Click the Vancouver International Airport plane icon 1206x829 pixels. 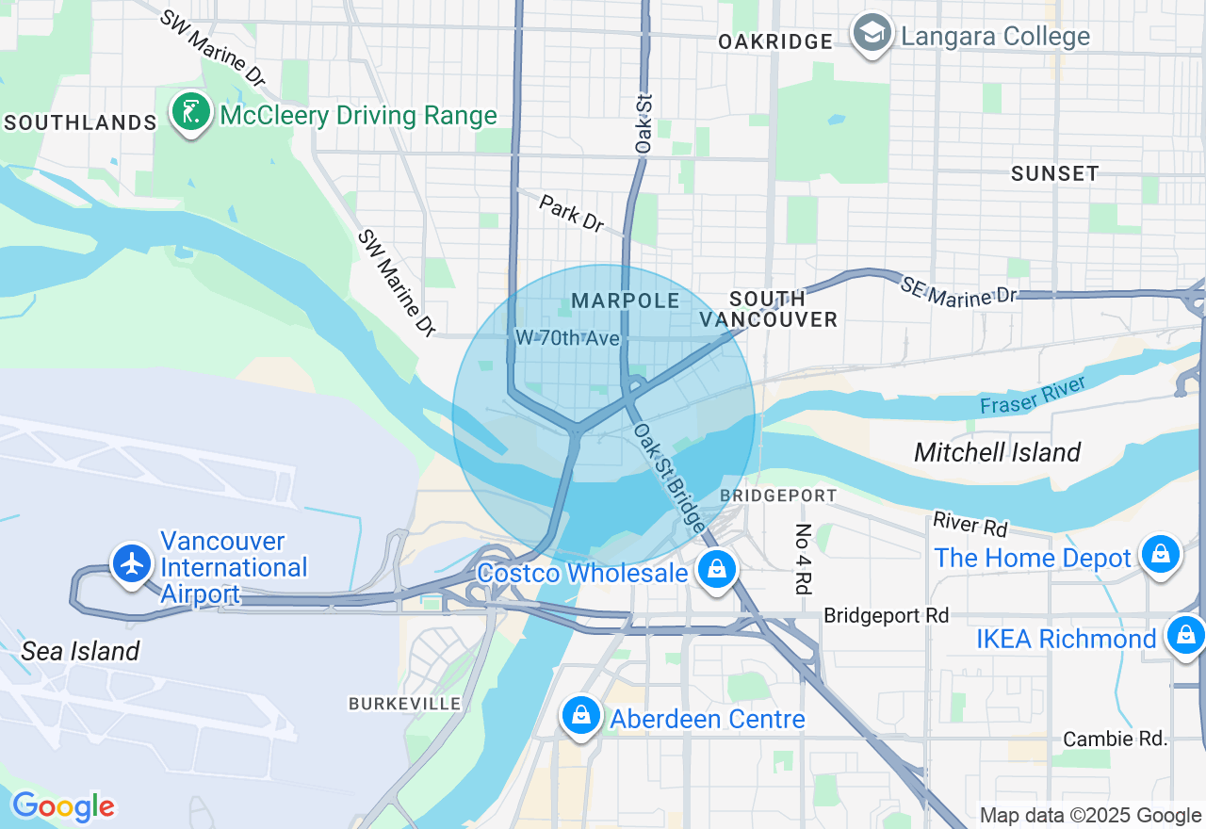pyautogui.click(x=132, y=562)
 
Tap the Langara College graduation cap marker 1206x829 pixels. pyautogui.click(x=872, y=34)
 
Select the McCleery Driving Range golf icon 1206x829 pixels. pyautogui.click(x=191, y=113)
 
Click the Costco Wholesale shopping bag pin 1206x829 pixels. pyautogui.click(x=717, y=569)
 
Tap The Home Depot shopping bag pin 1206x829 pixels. pyautogui.click(x=1161, y=554)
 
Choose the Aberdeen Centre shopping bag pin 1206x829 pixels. pyautogui.click(x=582, y=716)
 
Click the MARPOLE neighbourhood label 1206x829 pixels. pyautogui.click(x=626, y=301)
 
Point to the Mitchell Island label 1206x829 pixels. pyautogui.click(x=997, y=452)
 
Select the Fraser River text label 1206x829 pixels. pyautogui.click(x=1033, y=394)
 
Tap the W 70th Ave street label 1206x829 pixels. pyautogui.click(x=567, y=337)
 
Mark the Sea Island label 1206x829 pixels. pyautogui.click(x=80, y=651)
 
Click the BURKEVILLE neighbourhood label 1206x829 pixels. pyautogui.click(x=405, y=704)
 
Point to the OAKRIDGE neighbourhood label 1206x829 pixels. pyautogui.click(x=774, y=41)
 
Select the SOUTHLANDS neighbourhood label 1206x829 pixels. pyautogui.click(x=80, y=122)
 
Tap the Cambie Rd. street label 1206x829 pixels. pyautogui.click(x=1115, y=739)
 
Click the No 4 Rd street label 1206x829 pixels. pyautogui.click(x=803, y=559)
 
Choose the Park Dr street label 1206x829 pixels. pyautogui.click(x=572, y=213)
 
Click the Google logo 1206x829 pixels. pyautogui.click(x=63, y=806)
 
